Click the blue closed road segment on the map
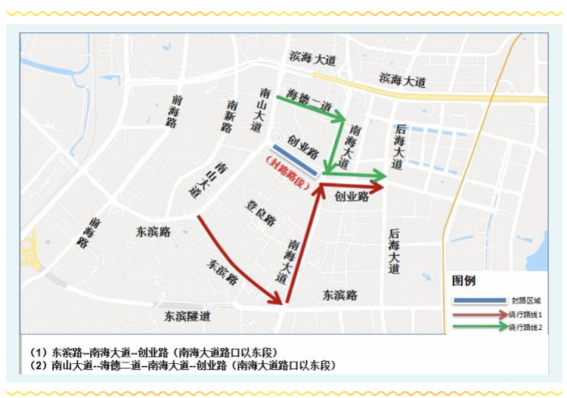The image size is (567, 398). click(290, 158)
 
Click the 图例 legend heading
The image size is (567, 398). click(463, 280)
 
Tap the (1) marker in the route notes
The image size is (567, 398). click(39, 352)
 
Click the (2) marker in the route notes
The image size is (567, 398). click(39, 366)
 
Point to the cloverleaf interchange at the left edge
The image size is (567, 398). click(32, 253)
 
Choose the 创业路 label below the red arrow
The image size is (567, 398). click(352, 196)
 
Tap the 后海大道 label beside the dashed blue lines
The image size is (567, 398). click(397, 147)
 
